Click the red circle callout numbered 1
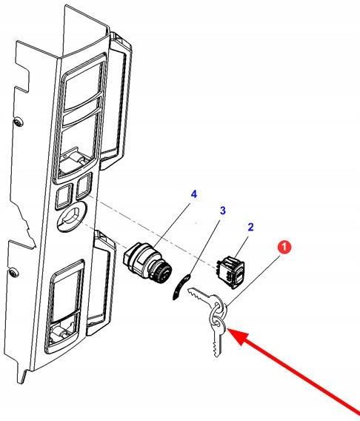pyautogui.click(x=284, y=247)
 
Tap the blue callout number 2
pyautogui.click(x=250, y=227)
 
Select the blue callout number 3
pyautogui.click(x=223, y=210)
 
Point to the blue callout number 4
pyautogui.click(x=193, y=194)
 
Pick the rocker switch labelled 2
pyautogui.click(x=231, y=272)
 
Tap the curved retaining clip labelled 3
pyautogui.click(x=181, y=287)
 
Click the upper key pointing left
pyautogui.click(x=204, y=298)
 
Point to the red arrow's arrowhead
pyautogui.click(x=238, y=335)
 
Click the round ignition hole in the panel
pyautogui.click(x=72, y=216)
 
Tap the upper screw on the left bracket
pyautogui.click(x=19, y=123)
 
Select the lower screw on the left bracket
pyautogui.click(x=13, y=273)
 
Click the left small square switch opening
pyautogui.click(x=64, y=196)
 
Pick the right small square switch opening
pyautogui.click(x=84, y=186)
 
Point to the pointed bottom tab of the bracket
pyautogui.click(x=22, y=375)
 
